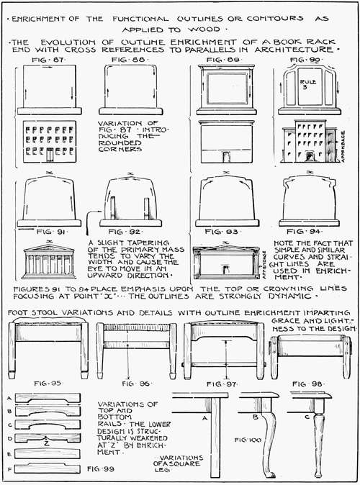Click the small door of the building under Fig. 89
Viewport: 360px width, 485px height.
click(226, 156)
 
